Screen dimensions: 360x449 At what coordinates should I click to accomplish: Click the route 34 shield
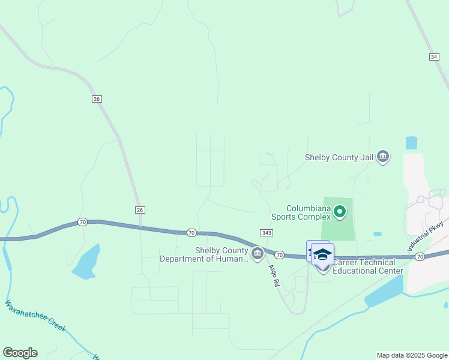click(x=433, y=56)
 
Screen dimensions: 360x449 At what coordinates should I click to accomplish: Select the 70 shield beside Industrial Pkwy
click(x=420, y=256)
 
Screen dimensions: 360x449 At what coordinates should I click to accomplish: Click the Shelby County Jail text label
click(x=339, y=157)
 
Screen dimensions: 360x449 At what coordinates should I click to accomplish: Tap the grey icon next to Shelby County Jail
click(x=383, y=157)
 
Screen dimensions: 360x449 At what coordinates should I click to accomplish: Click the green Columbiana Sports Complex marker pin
click(x=340, y=211)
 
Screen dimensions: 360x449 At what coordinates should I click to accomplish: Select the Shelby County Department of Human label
click(x=204, y=254)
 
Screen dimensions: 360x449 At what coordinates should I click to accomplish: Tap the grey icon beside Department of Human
click(x=258, y=254)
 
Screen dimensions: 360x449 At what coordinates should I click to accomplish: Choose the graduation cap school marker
click(x=322, y=254)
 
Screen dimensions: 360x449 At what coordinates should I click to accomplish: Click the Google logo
click(x=20, y=353)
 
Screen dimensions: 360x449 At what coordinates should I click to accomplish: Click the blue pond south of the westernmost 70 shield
click(x=86, y=262)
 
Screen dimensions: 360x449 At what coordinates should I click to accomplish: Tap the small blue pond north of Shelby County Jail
click(x=411, y=143)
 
